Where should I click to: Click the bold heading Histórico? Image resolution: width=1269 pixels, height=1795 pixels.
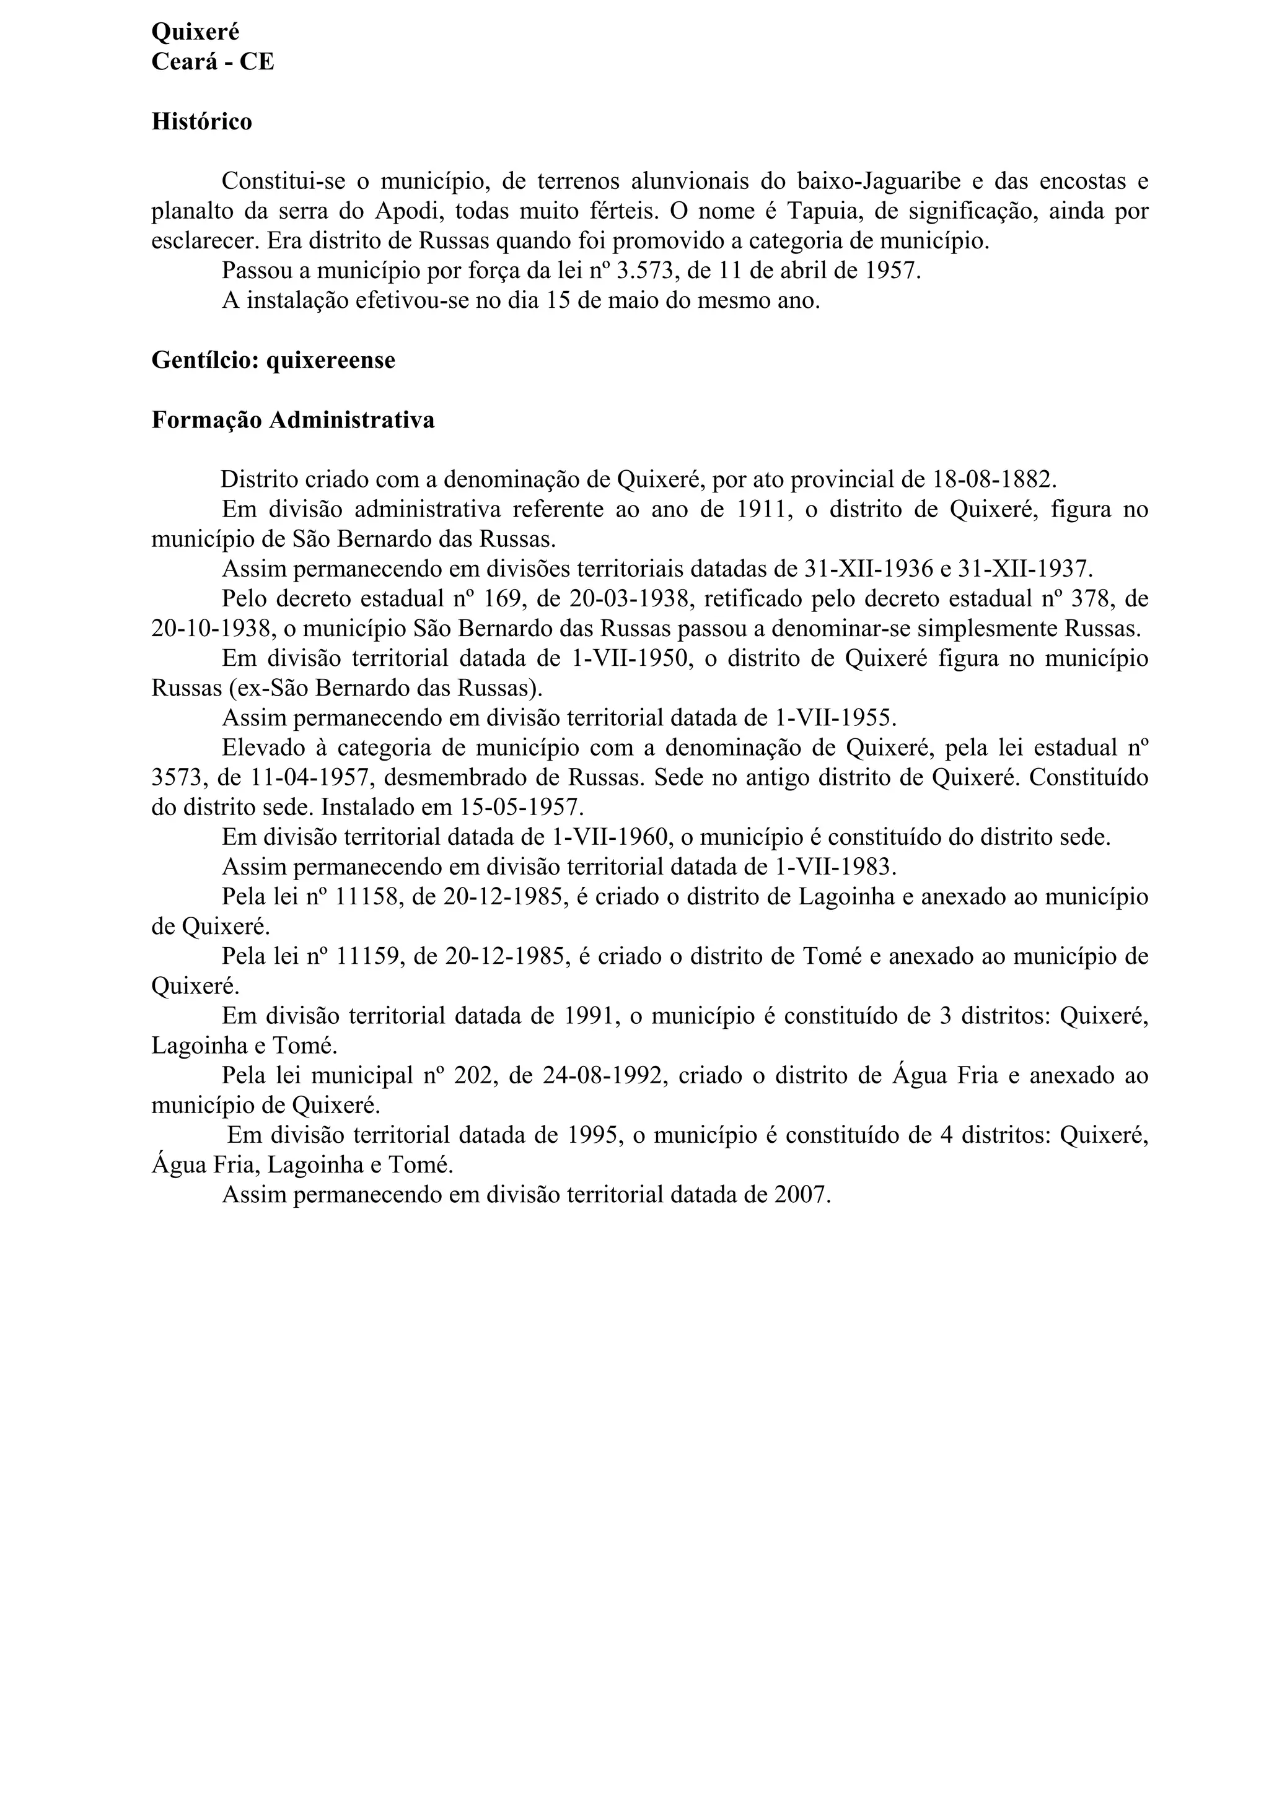[202, 122]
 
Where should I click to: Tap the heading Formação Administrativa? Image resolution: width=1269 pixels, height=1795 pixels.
[292, 420]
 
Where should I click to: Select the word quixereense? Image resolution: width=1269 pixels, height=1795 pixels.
[331, 360]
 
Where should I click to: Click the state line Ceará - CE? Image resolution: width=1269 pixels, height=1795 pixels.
[213, 62]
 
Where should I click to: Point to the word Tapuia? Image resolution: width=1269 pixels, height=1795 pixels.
[824, 211]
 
